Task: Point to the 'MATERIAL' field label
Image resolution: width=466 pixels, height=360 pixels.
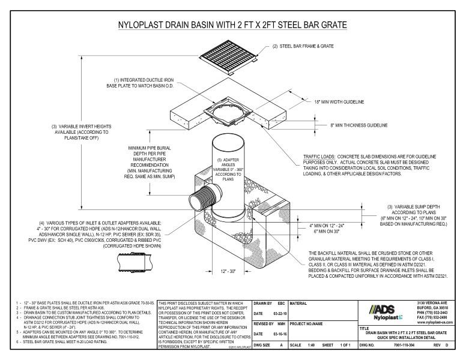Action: (x=300, y=303)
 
